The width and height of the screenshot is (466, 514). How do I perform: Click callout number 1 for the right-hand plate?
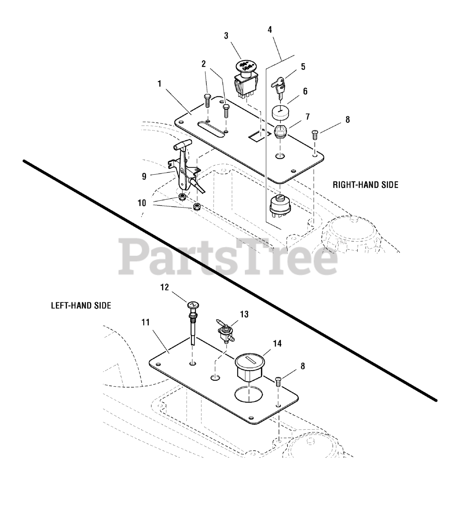159,84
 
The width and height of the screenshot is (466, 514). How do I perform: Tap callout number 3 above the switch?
226,36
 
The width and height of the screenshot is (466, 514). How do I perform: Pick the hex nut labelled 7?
280,131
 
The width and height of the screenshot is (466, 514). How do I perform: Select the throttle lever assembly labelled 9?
184,169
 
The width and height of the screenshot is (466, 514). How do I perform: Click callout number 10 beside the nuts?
142,203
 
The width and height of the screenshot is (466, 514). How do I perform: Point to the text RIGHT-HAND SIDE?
365,185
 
